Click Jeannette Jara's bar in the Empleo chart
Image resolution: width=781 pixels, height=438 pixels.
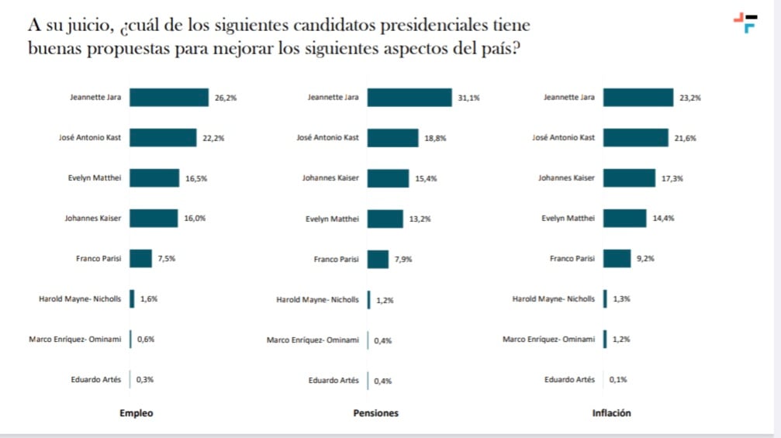coord(169,98)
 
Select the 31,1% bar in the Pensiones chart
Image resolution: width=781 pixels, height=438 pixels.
coord(409,98)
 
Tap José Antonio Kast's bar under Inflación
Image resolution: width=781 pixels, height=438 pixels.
coord(635,138)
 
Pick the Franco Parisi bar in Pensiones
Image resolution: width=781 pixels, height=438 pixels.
coord(378,260)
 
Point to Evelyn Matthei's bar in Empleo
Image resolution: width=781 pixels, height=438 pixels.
coord(154,178)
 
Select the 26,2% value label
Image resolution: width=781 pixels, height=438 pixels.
coord(225,98)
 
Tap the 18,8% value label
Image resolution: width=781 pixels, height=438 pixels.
coord(436,139)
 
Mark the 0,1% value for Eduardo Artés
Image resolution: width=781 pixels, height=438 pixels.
coord(618,380)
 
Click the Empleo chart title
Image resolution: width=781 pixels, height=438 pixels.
coord(136,413)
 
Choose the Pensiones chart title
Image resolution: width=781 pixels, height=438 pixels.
coord(375,413)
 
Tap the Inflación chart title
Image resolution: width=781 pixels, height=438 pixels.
coord(611,413)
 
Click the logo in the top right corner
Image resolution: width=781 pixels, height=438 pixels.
coord(746,22)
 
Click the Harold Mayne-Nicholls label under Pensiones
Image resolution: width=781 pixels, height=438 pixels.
coord(317,299)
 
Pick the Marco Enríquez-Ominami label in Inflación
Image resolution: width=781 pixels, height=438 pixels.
coord(549,340)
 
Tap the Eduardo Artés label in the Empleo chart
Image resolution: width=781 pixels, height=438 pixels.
coord(95,380)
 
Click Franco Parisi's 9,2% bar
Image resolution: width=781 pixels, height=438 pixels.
coord(617,259)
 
